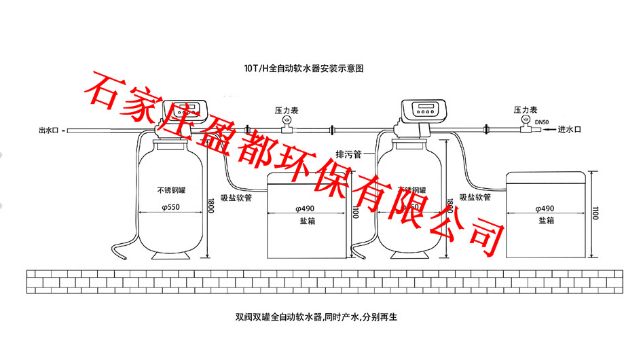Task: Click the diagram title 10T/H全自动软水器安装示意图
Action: (310, 69)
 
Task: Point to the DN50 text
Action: (542, 122)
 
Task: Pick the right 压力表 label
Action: (526, 109)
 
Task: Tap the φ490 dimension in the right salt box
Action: (545, 208)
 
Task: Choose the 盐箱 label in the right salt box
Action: (546, 221)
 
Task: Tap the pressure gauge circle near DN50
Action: (524, 119)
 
